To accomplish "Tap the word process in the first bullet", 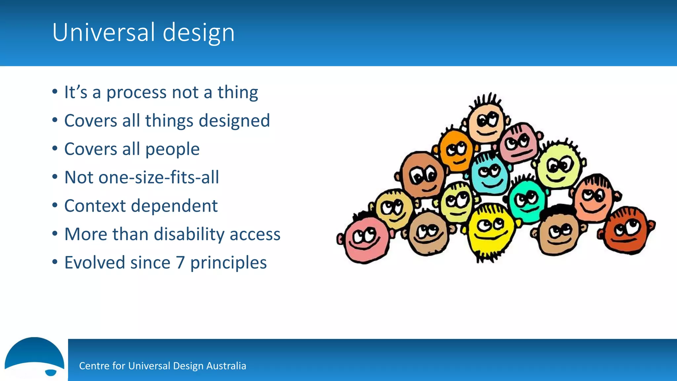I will click(136, 93).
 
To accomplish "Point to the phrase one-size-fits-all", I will click(158, 177).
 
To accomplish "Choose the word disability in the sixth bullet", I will click(189, 234).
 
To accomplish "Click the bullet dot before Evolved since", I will click(55, 262).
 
